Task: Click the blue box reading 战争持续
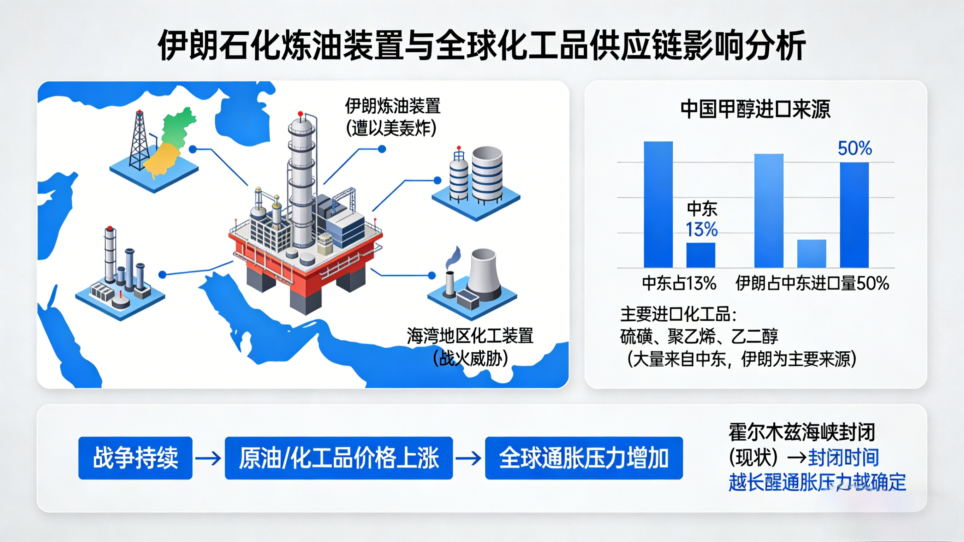point(136,458)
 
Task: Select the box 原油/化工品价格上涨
point(339,458)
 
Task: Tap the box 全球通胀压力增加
point(584,458)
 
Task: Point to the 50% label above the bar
point(855,148)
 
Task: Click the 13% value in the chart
point(702,230)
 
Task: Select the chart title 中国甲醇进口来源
point(755,109)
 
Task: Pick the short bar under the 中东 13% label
point(701,255)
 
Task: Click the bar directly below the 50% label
point(854,215)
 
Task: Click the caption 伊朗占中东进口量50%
point(813,283)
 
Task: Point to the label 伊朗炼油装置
point(393,106)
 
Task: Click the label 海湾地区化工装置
point(470,336)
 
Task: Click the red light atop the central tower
point(300,113)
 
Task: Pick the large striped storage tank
point(487,174)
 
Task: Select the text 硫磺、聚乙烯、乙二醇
point(699,336)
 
